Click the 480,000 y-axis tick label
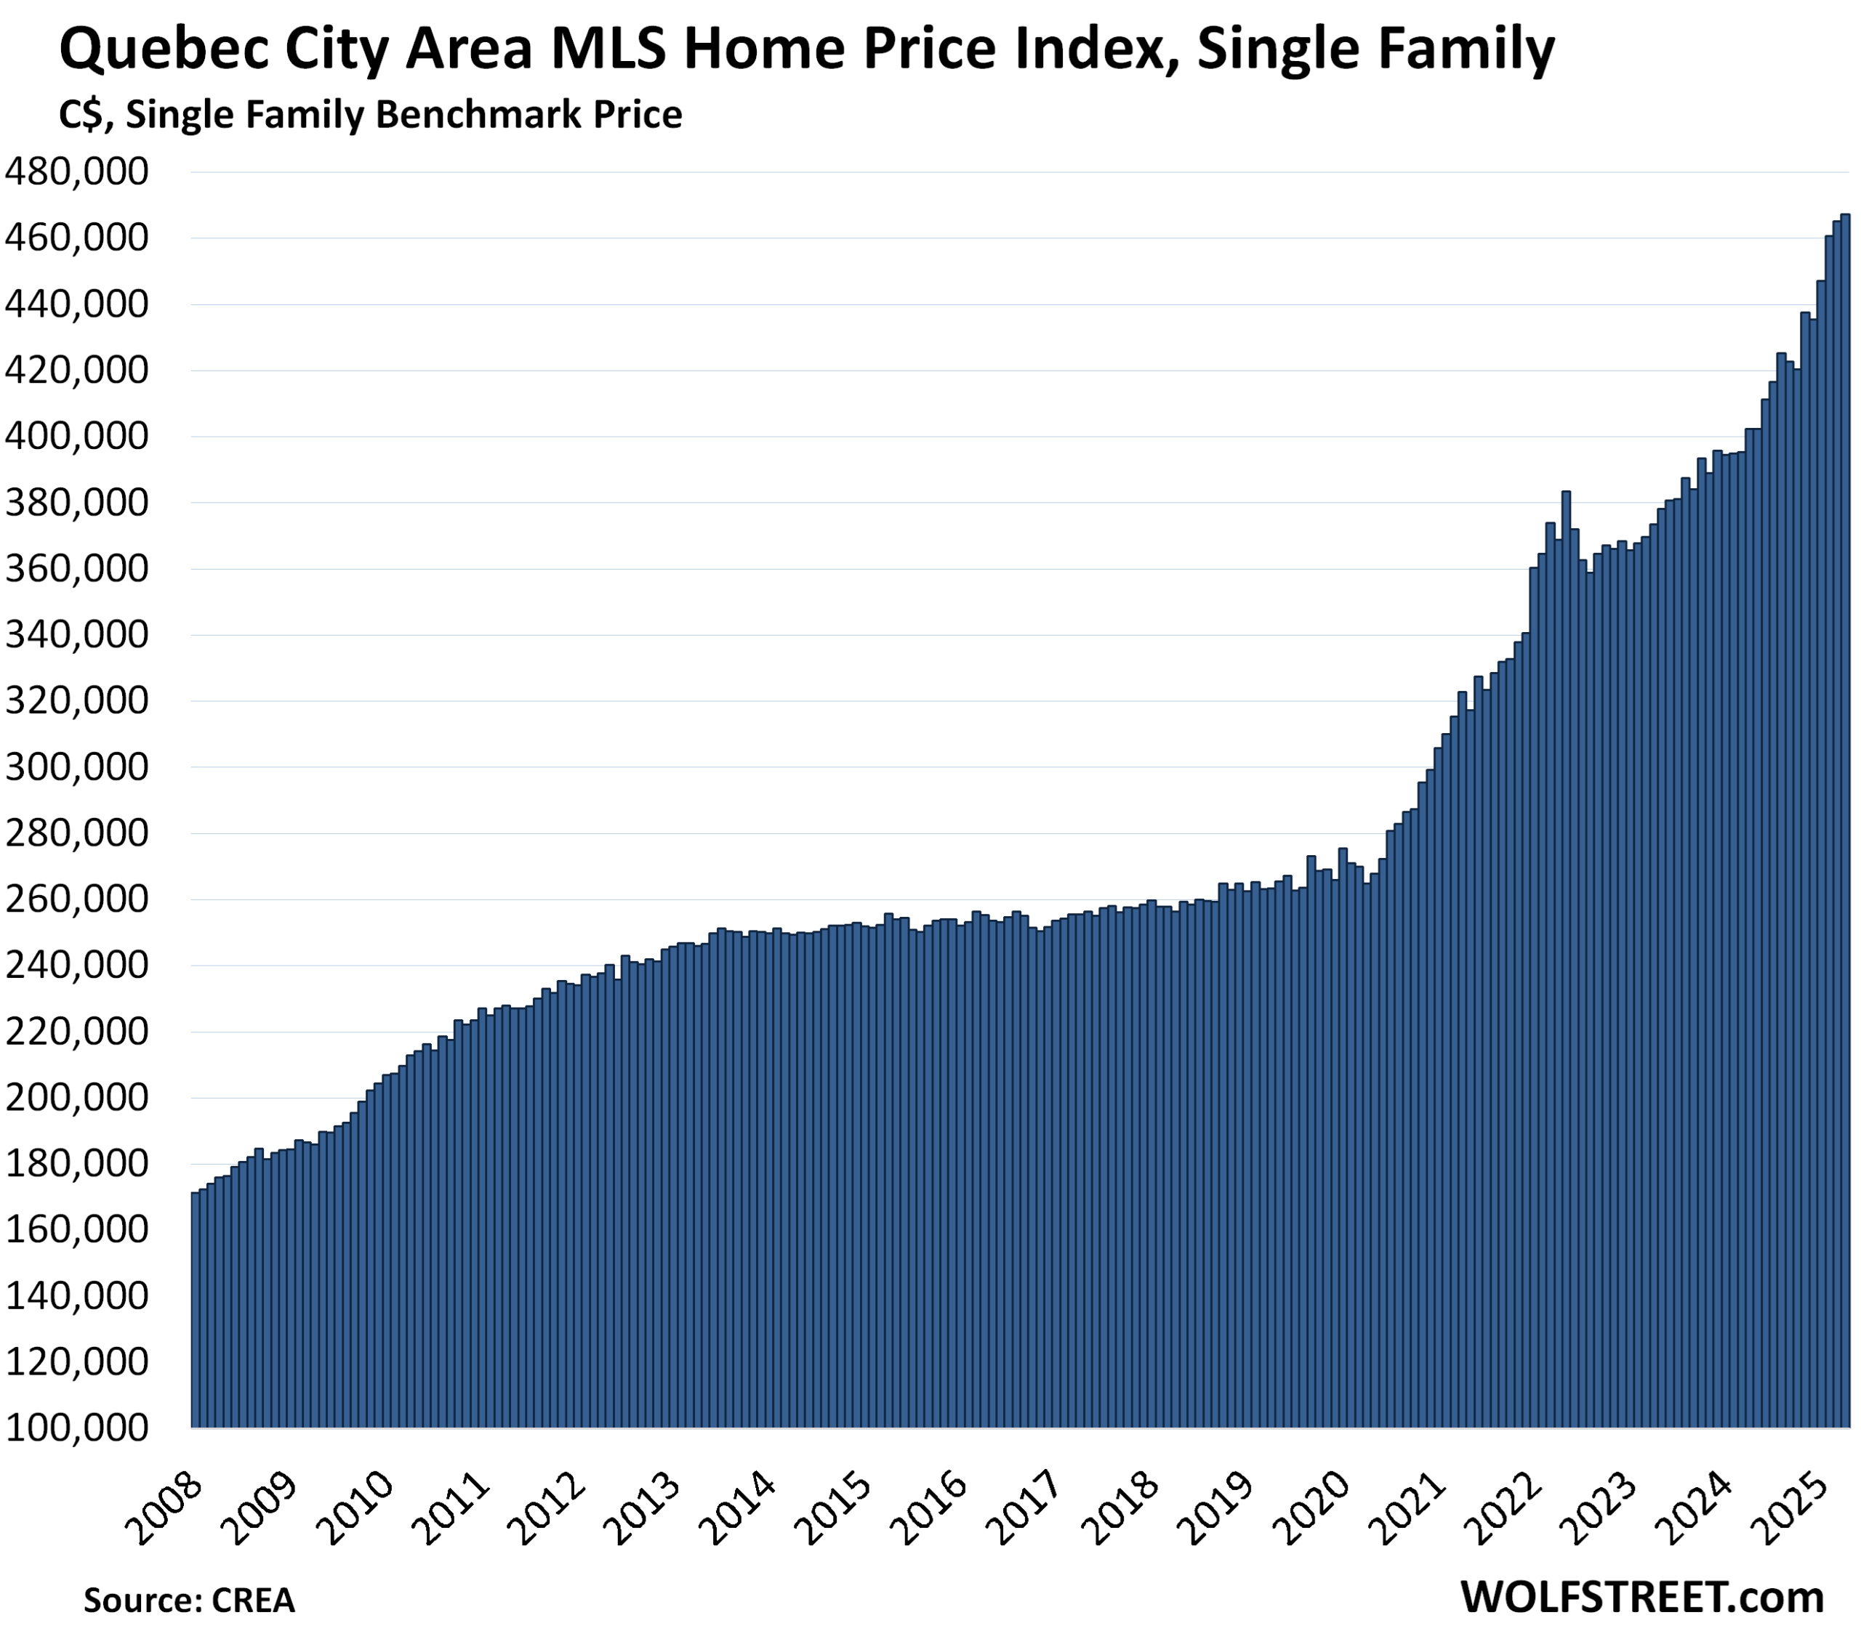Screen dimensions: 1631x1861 coord(76,172)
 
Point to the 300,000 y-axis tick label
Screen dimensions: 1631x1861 coord(76,767)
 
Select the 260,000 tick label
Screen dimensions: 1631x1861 coord(76,899)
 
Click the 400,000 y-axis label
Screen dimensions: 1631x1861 coord(76,437)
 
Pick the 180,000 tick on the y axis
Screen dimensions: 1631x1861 coord(76,1163)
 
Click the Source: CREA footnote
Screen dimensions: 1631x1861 coord(190,1599)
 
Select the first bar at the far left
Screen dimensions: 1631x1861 coord(195,1311)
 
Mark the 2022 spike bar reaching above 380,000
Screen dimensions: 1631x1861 coord(1566,955)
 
